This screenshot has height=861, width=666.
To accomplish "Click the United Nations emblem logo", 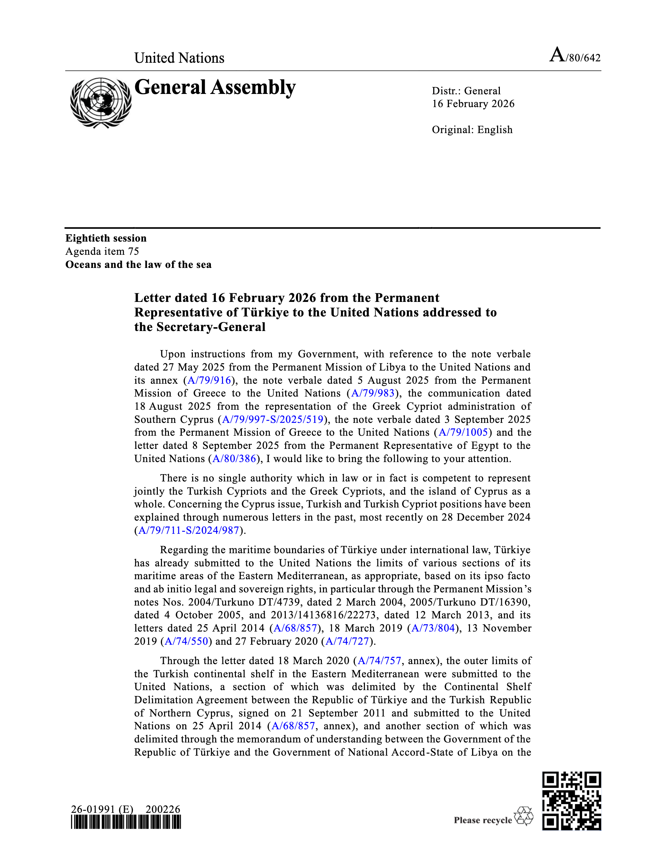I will click(x=101, y=103).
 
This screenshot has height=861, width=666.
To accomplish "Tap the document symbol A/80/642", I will click(x=575, y=55).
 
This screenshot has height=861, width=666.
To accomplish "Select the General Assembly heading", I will click(x=215, y=87).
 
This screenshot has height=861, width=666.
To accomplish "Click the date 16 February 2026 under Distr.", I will click(x=473, y=104).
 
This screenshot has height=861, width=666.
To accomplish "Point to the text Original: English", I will click(x=472, y=130).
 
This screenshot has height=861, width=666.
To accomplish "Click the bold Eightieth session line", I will click(x=106, y=238).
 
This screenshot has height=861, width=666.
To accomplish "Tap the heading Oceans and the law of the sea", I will click(x=138, y=264).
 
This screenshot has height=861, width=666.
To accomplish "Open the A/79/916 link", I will click(x=209, y=380).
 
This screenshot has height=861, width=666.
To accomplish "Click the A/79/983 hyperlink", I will click(x=373, y=393).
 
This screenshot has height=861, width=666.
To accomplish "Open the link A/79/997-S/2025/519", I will click(x=273, y=419).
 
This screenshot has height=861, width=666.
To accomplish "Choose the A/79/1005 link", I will click(x=463, y=432).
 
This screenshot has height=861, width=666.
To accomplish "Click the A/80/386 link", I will click(x=234, y=459).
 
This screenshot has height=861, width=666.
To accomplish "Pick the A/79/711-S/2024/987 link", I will click(x=189, y=530).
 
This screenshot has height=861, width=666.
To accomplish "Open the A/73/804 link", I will click(x=433, y=628).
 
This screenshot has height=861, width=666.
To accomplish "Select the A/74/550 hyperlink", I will click(x=186, y=641).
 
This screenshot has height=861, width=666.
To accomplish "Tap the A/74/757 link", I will click(x=379, y=661).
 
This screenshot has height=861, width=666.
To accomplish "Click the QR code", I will click(x=571, y=801).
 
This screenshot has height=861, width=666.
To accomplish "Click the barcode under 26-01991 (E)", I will click(x=126, y=823).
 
